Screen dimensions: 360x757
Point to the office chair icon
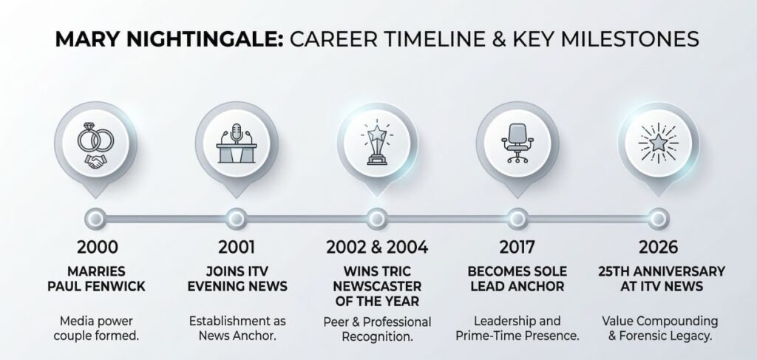click(x=516, y=141)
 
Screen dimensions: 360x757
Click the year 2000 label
click(x=97, y=247)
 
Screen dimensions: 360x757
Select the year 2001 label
click(x=237, y=247)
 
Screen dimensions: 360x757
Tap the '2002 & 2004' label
click(x=377, y=247)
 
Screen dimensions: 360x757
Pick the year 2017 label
click(x=517, y=247)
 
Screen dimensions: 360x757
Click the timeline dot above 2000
click(x=97, y=217)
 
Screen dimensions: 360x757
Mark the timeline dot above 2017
click(x=517, y=217)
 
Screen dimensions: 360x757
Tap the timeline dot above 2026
click(x=657, y=217)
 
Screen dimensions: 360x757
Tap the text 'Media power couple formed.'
click(x=97, y=329)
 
